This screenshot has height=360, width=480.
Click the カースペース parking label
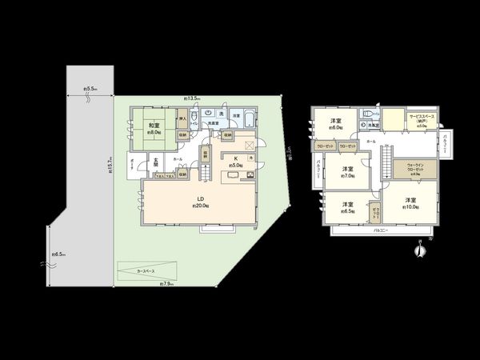click(x=146, y=270)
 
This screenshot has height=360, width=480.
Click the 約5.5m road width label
click(x=90, y=90)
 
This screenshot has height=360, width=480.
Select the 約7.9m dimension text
click(x=166, y=284)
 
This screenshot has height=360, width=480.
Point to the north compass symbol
click(x=417, y=251)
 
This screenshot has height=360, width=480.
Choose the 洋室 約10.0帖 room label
click(x=410, y=202)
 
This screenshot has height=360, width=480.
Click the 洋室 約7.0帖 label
click(x=346, y=172)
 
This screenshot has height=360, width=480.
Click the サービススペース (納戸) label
click(x=422, y=121)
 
